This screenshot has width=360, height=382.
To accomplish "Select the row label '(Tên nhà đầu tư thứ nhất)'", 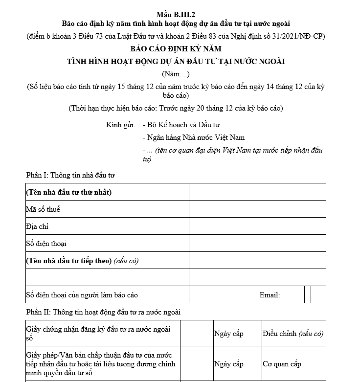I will click(69, 192).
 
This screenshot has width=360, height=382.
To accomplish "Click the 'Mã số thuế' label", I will click(43, 209).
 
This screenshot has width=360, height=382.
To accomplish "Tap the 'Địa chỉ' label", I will click(37, 226).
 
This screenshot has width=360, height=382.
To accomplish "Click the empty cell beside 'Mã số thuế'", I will click(257, 209).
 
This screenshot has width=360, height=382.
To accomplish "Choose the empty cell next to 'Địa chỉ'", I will click(257, 226).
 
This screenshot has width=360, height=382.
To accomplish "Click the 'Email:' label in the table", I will click(270, 295).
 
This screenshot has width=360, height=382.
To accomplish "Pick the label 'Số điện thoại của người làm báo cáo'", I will click(82, 295).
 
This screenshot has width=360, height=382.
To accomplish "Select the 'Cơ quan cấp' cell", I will click(282, 364).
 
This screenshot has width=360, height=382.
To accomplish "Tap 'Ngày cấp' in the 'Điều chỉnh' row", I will click(228, 334).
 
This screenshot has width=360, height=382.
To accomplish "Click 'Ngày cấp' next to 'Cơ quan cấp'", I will click(228, 364).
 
